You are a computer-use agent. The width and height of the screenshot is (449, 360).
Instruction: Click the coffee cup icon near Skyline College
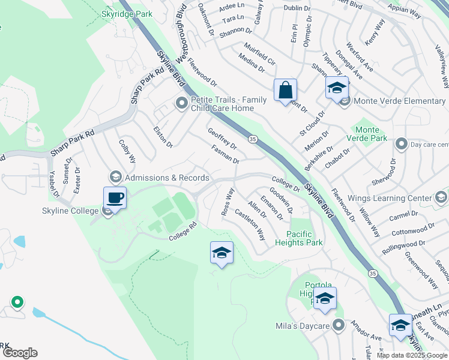(115, 197)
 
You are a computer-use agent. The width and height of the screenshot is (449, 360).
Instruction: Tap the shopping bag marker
(286, 91)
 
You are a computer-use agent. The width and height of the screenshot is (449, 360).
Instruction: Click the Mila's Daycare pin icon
(339, 326)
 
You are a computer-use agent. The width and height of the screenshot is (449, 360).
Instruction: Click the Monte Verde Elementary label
(399, 101)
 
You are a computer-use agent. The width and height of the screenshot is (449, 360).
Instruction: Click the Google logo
(20, 353)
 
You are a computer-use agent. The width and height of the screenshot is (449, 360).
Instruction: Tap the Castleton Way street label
(250, 224)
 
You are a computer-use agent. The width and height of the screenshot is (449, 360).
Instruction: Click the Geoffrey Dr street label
(222, 139)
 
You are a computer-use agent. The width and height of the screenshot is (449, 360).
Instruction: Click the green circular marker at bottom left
(17, 302)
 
